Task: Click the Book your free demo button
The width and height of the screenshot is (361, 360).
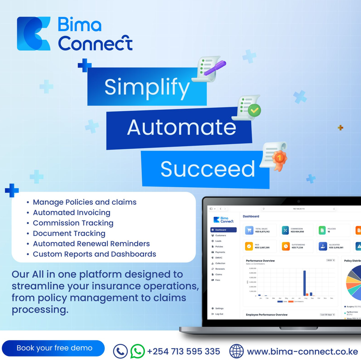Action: click(x=54, y=348)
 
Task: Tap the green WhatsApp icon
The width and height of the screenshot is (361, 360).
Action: click(x=137, y=351)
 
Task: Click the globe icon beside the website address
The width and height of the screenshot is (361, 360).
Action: click(x=236, y=351)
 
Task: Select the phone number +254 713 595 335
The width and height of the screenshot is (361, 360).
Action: click(x=183, y=351)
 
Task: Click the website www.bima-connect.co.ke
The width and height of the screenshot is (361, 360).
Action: click(x=302, y=351)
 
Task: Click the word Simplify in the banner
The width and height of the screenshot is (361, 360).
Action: click(x=147, y=87)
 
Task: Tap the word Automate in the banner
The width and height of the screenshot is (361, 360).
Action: click(x=181, y=127)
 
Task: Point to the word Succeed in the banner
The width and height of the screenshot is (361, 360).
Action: click(x=207, y=169)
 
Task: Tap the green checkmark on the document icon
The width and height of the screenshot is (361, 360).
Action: click(x=254, y=110)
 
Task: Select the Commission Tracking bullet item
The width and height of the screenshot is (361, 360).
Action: click(x=73, y=223)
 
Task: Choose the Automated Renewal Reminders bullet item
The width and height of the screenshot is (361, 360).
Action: click(x=91, y=244)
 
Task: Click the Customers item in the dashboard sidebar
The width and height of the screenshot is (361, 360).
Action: click(x=221, y=235)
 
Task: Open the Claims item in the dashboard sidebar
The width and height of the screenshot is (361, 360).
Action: click(x=219, y=274)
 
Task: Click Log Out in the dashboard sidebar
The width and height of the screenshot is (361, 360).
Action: click(x=219, y=314)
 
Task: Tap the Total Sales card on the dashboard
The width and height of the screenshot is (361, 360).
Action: click(x=260, y=230)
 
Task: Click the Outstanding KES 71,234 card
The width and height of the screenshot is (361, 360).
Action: click(x=297, y=246)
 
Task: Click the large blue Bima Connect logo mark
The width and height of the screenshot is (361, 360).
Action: click(x=34, y=34)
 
